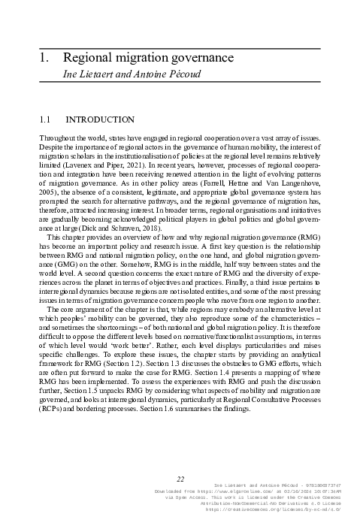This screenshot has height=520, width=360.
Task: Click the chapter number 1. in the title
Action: [44, 58]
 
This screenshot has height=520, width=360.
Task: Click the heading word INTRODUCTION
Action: [100, 119]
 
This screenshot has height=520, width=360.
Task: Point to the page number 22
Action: [180, 479]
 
